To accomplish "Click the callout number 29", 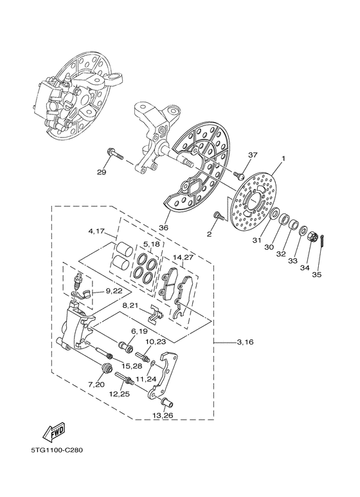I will coord(101,173).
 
